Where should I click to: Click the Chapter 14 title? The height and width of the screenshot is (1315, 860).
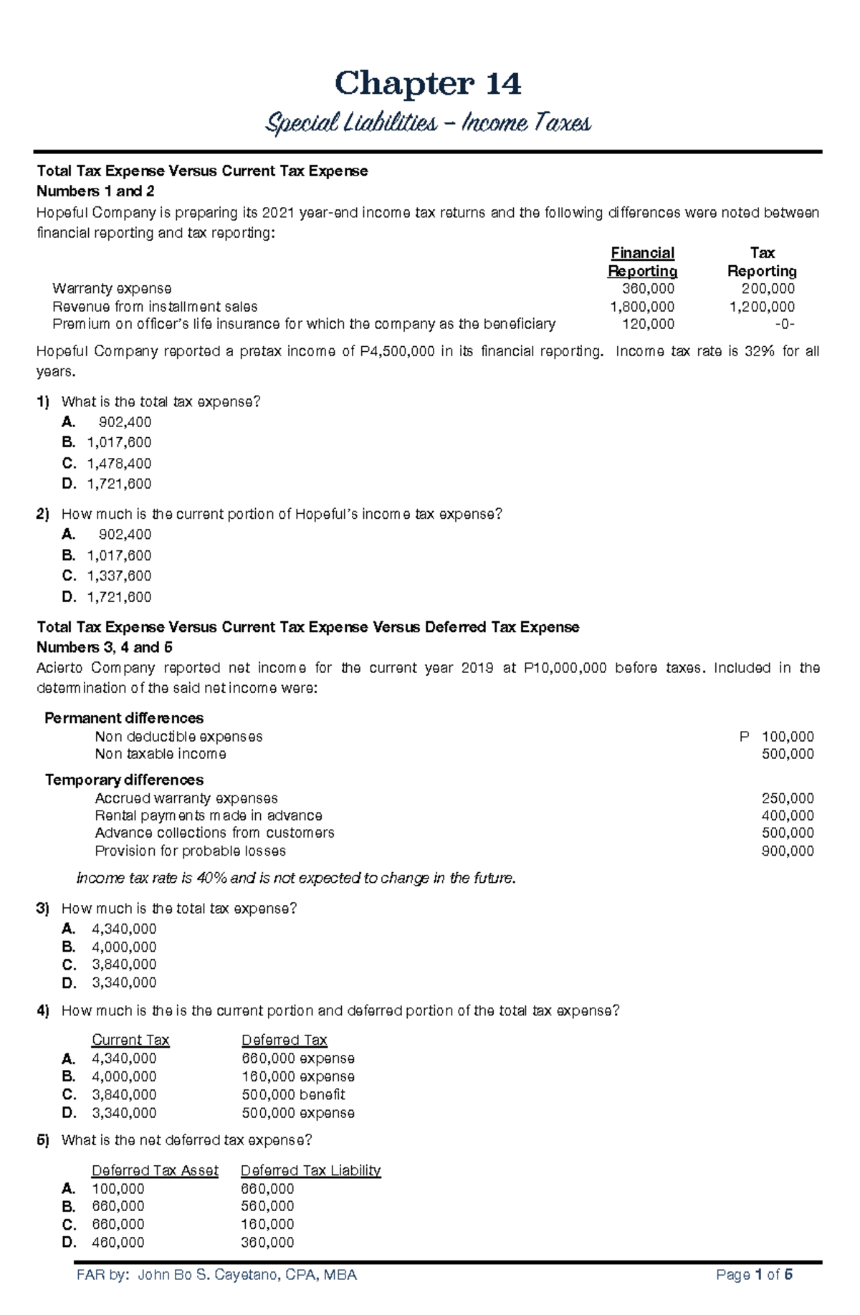[x=428, y=84]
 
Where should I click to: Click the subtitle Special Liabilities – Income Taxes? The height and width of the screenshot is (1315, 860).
[x=428, y=123]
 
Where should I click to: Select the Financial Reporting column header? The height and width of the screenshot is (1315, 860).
[x=642, y=262]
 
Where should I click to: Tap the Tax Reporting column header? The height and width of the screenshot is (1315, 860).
[x=762, y=262]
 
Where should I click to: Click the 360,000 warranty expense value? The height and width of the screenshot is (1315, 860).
[x=648, y=289]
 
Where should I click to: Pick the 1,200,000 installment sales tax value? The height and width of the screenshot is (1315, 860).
[x=762, y=307]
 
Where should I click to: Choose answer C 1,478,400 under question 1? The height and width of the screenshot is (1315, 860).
[x=119, y=464]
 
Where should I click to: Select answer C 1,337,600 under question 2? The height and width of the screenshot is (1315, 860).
[x=119, y=576]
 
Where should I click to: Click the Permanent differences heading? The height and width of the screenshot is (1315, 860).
[x=124, y=718]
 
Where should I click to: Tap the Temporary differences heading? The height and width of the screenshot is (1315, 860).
[x=124, y=780]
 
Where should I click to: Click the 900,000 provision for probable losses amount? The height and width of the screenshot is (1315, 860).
[x=787, y=851]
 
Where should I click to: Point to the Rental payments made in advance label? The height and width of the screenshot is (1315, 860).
[x=208, y=816]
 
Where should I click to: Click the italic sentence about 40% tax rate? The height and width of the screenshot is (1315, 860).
[x=296, y=879]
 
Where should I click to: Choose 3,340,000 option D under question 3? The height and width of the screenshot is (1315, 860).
[x=124, y=982]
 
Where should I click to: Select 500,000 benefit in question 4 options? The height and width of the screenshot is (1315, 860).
[x=293, y=1095]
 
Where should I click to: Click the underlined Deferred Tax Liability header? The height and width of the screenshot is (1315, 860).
[x=310, y=1170]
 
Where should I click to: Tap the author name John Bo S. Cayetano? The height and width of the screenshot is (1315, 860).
[x=247, y=1275]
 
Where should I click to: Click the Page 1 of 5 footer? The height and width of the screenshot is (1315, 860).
[x=754, y=1275]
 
